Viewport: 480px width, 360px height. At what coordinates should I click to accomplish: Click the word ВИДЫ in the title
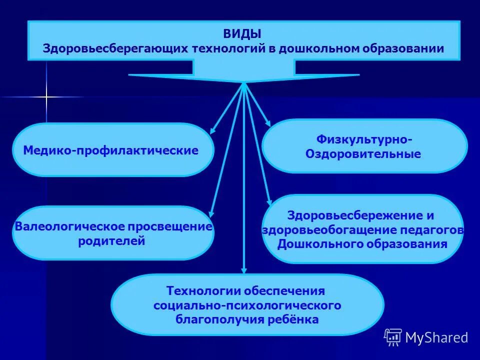point(242,34)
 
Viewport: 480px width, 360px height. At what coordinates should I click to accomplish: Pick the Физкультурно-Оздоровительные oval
point(364,146)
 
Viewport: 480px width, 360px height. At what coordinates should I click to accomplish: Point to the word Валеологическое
point(69,226)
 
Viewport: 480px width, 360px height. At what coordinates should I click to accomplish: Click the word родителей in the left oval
point(112,241)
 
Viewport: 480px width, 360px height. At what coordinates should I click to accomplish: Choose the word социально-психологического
point(247,305)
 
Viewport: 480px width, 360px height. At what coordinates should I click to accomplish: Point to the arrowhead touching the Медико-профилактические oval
point(212,131)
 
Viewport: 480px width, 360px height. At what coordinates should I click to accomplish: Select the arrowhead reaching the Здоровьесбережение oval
point(269,201)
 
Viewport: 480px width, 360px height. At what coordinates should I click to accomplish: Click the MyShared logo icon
point(393,337)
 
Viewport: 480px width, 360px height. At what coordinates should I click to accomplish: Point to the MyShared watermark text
point(436,337)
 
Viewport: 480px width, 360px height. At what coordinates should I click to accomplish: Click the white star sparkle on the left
point(46,96)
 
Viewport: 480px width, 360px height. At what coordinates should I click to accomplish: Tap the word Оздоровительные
point(363,154)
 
